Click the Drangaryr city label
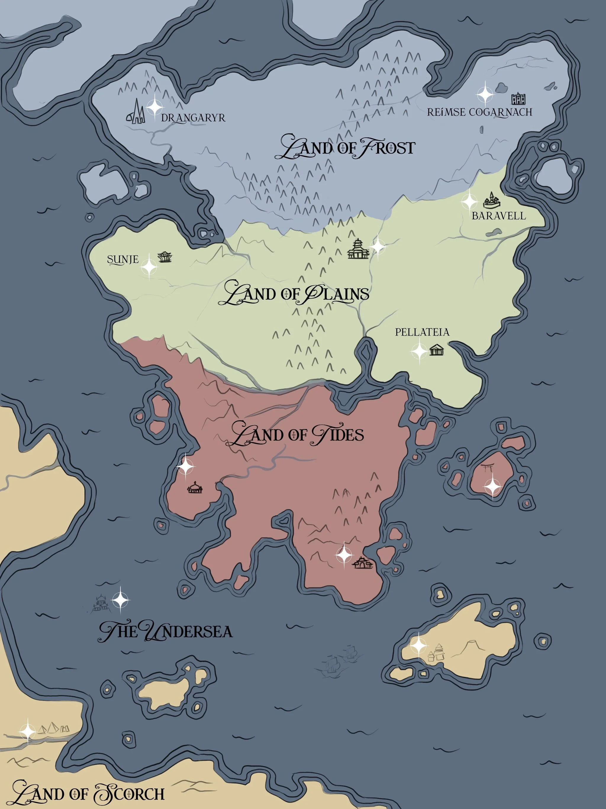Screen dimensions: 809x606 point(193,118)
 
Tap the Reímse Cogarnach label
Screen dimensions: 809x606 point(480,112)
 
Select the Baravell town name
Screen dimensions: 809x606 point(499,216)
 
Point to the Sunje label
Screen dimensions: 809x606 point(123,260)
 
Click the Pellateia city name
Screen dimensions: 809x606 point(422,332)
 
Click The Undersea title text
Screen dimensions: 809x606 point(166,632)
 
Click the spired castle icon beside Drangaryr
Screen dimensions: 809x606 point(136,112)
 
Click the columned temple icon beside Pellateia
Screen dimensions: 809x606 point(436,350)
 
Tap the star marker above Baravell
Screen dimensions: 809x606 point(469,201)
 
